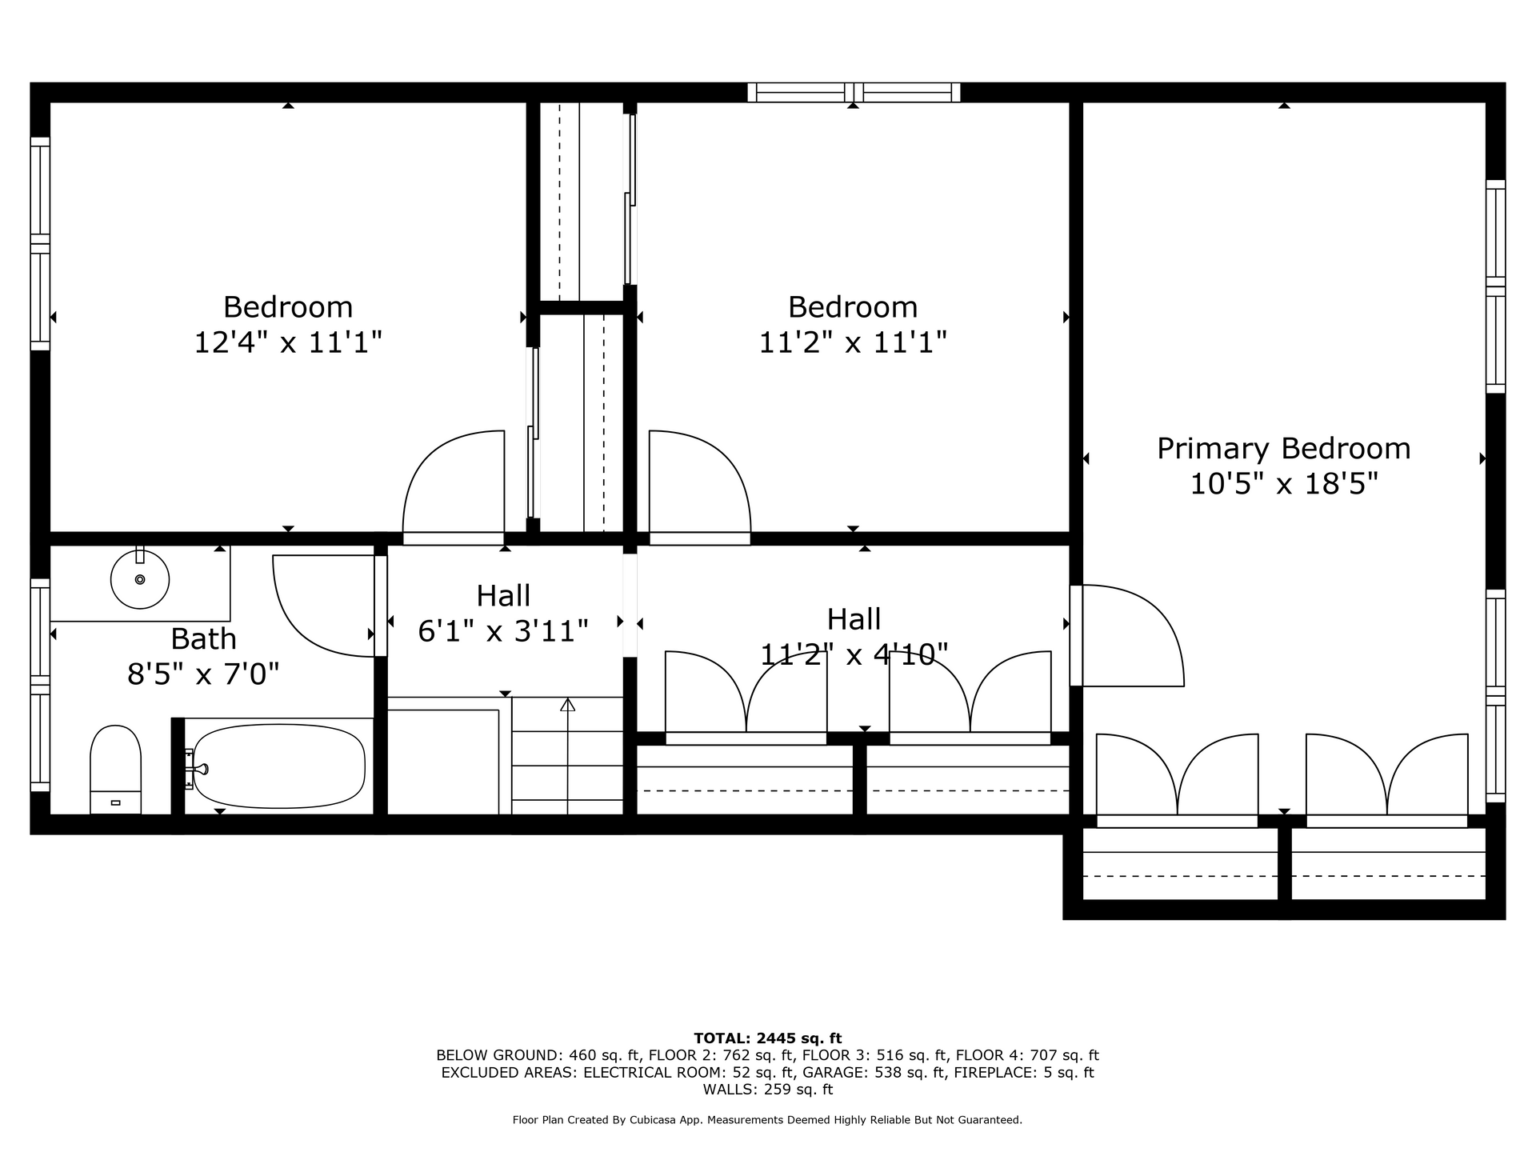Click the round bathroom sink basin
140,579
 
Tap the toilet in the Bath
115,770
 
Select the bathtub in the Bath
279,766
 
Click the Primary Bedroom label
1283,449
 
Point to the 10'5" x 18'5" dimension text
1283,485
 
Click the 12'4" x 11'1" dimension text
288,343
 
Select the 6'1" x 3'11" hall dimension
503,632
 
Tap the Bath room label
203,639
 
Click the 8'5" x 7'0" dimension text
203,675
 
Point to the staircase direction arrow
567,756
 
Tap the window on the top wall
854,92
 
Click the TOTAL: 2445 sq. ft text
768,1038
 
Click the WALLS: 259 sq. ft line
768,1090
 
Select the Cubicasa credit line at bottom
768,1120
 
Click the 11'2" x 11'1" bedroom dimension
853,343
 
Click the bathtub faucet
197,770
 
